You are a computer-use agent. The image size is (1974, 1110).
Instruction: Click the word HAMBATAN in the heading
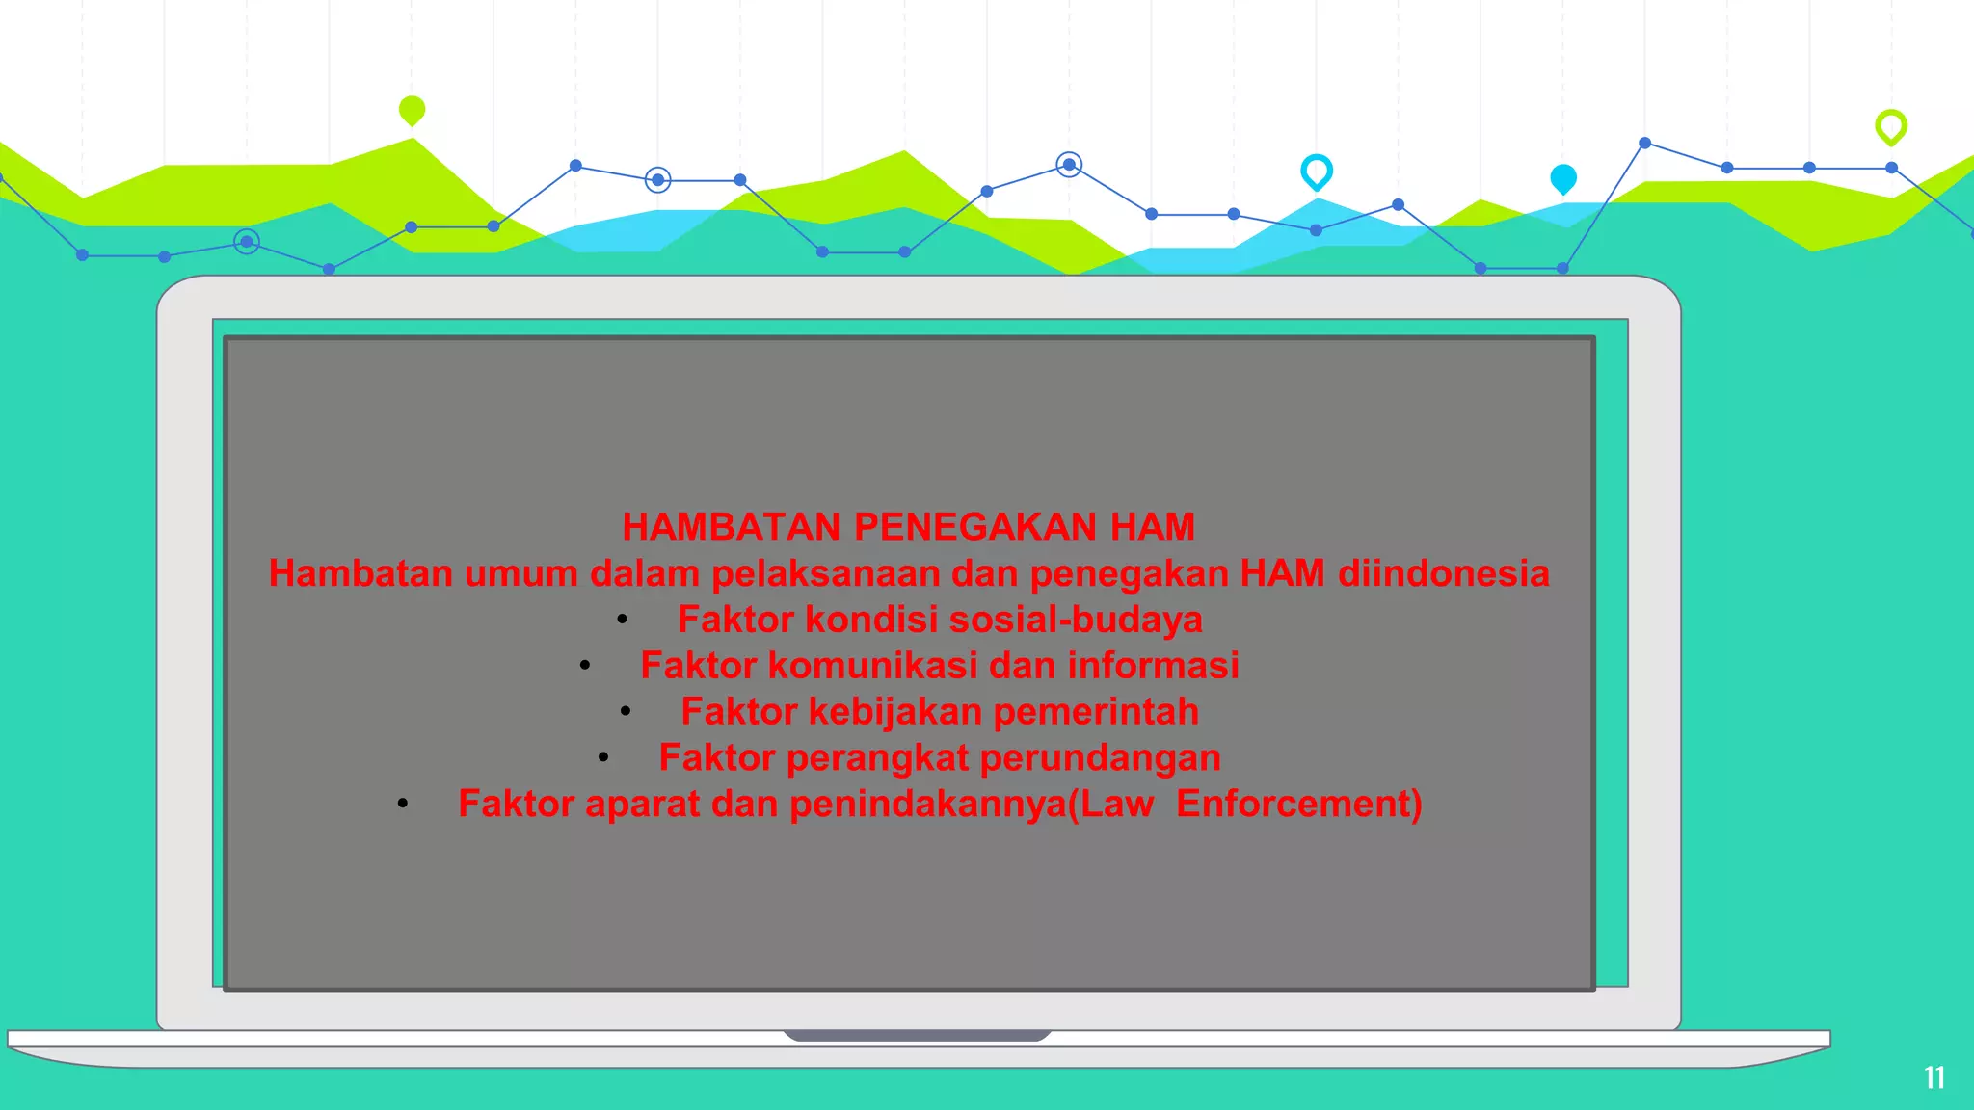click(x=732, y=527)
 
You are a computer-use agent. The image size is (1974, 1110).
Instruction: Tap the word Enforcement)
click(x=1298, y=805)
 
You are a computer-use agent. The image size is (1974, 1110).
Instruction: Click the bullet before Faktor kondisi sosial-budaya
click(x=623, y=621)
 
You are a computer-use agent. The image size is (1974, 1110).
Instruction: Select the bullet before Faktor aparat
click(x=403, y=805)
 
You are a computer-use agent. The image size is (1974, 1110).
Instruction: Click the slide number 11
click(x=1934, y=1077)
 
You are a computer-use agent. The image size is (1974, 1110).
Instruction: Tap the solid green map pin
click(x=412, y=110)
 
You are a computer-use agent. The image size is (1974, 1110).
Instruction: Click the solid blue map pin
click(x=1562, y=178)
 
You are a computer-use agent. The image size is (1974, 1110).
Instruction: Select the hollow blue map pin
click(x=1316, y=171)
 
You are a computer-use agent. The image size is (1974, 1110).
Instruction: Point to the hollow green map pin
click(x=1890, y=126)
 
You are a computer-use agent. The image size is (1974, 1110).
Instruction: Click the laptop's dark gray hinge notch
click(x=916, y=1036)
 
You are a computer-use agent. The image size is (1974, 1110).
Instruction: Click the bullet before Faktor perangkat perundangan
click(x=603, y=758)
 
